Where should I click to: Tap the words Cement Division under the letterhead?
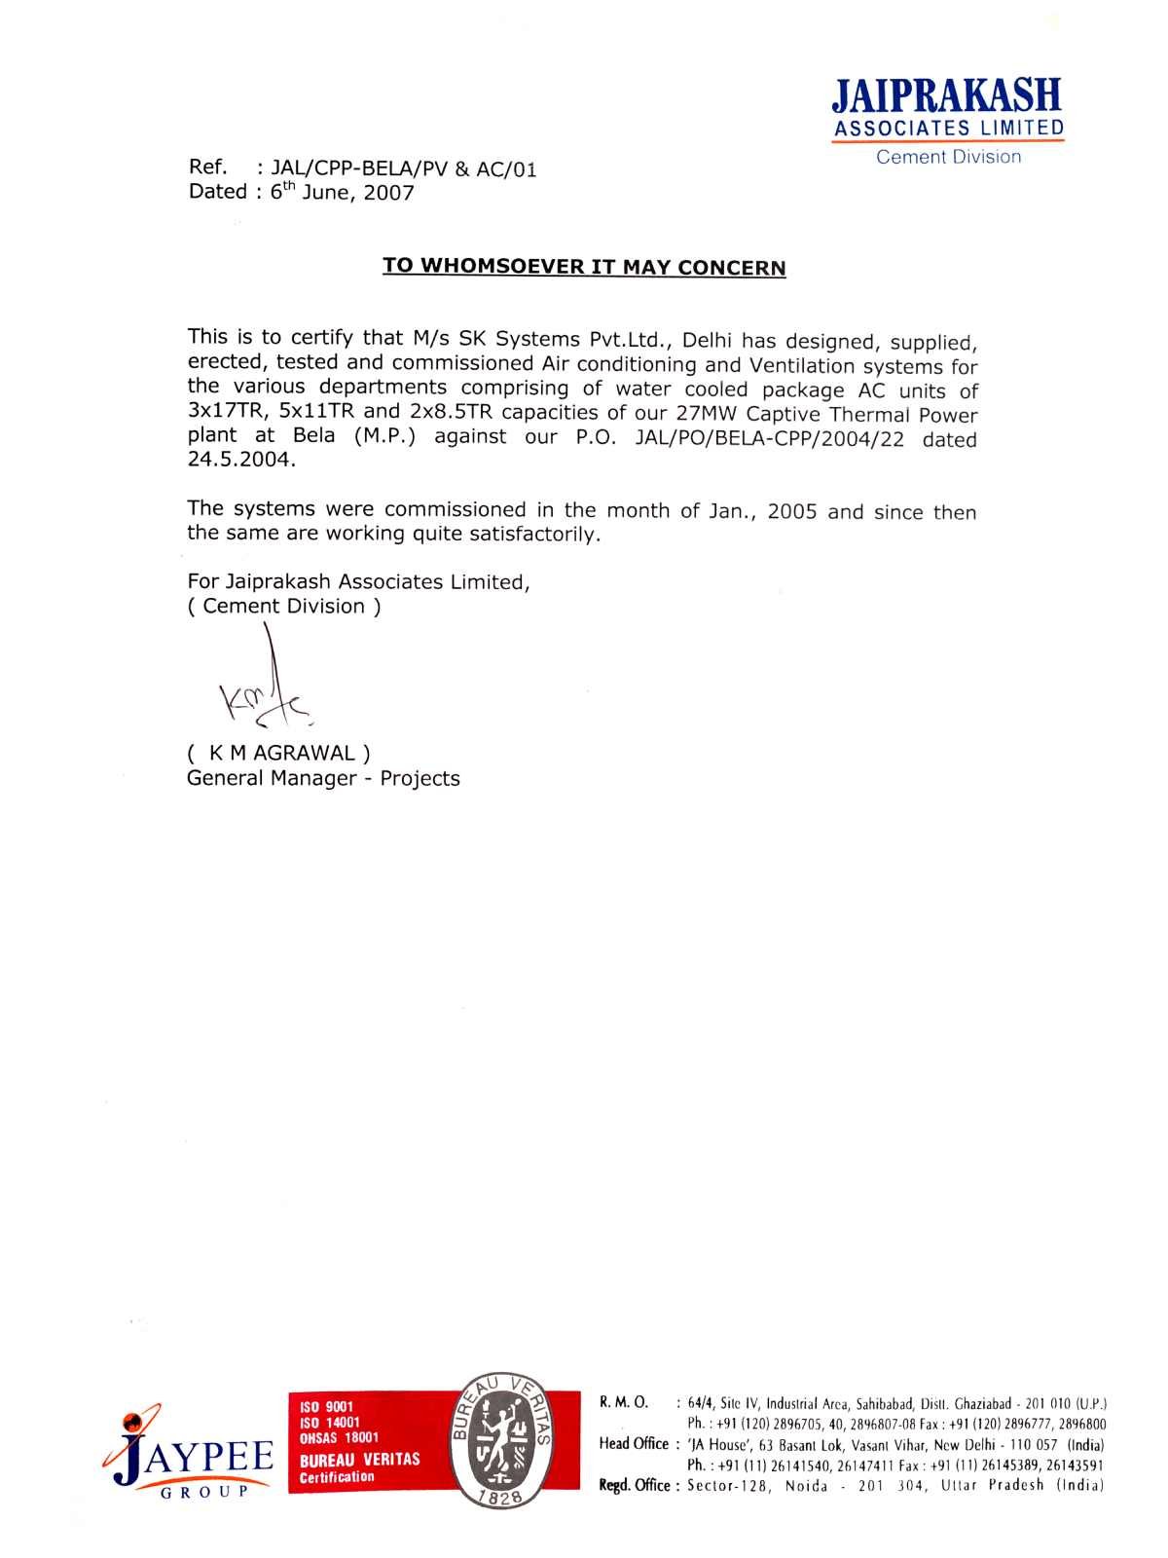click(x=948, y=157)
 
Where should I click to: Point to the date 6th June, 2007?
click(x=342, y=192)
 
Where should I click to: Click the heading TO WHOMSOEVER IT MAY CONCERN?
click(x=584, y=267)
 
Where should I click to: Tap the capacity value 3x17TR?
click(x=226, y=413)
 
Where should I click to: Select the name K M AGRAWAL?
click(x=278, y=753)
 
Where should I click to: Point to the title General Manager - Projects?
click(x=323, y=778)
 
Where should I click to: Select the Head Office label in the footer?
click(x=634, y=1443)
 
